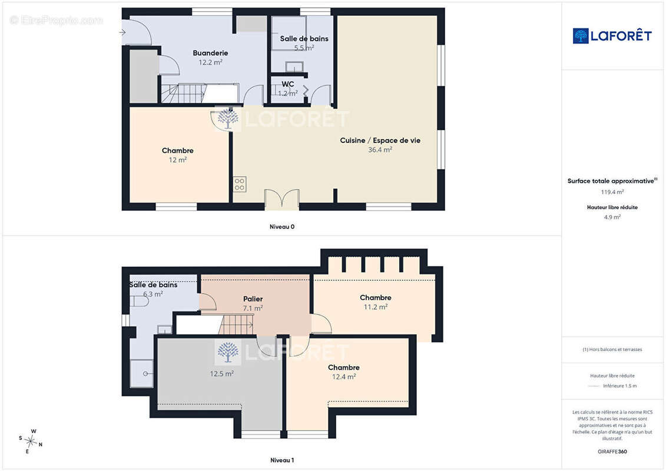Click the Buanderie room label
(x=210, y=53)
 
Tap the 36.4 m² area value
(x=380, y=150)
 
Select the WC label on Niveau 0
(x=287, y=84)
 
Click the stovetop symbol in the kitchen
(x=240, y=184)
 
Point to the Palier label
(x=253, y=299)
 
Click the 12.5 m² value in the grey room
(x=222, y=374)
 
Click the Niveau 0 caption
(x=282, y=227)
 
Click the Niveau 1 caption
(x=282, y=460)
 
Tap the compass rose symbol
(x=31, y=442)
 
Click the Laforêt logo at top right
(x=612, y=36)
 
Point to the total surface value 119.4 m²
(x=612, y=192)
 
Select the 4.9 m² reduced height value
(x=612, y=217)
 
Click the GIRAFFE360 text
(x=612, y=452)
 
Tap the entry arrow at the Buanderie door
(x=122, y=32)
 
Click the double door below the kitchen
(x=281, y=199)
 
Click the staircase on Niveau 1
(x=236, y=325)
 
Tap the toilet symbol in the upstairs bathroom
(x=139, y=301)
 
